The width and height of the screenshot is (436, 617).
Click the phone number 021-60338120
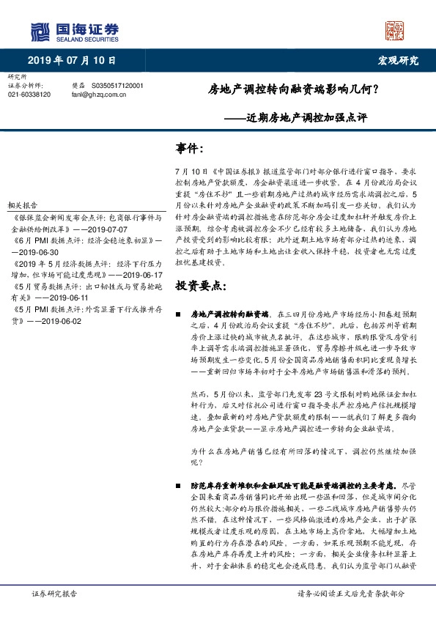[29, 95]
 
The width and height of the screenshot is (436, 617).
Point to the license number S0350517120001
[117, 86]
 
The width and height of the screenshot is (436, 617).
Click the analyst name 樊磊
[78, 86]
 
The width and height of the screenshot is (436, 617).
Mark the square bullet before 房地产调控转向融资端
[179, 313]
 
